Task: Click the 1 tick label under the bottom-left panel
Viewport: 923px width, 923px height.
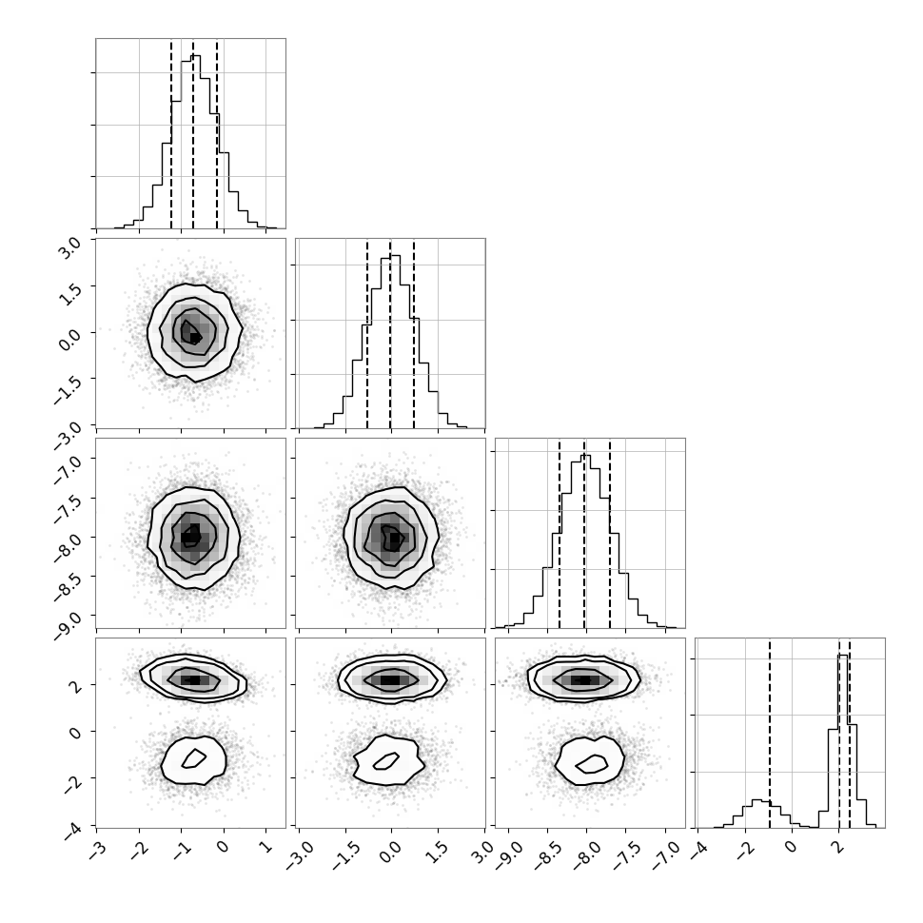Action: click(x=265, y=846)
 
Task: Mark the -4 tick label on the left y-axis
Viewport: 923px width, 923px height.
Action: click(x=74, y=830)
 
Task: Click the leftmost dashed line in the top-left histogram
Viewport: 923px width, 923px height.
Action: click(x=171, y=133)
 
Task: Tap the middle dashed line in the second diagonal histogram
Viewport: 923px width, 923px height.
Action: click(x=390, y=334)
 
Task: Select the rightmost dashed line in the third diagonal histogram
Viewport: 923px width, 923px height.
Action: click(x=610, y=534)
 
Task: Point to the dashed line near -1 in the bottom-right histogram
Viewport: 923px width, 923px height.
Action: click(x=770, y=734)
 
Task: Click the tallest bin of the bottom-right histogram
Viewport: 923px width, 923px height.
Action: click(x=843, y=741)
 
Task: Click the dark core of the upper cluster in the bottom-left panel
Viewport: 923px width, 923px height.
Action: click(x=196, y=680)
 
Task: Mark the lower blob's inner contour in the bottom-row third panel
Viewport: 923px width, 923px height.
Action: click(x=592, y=764)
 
